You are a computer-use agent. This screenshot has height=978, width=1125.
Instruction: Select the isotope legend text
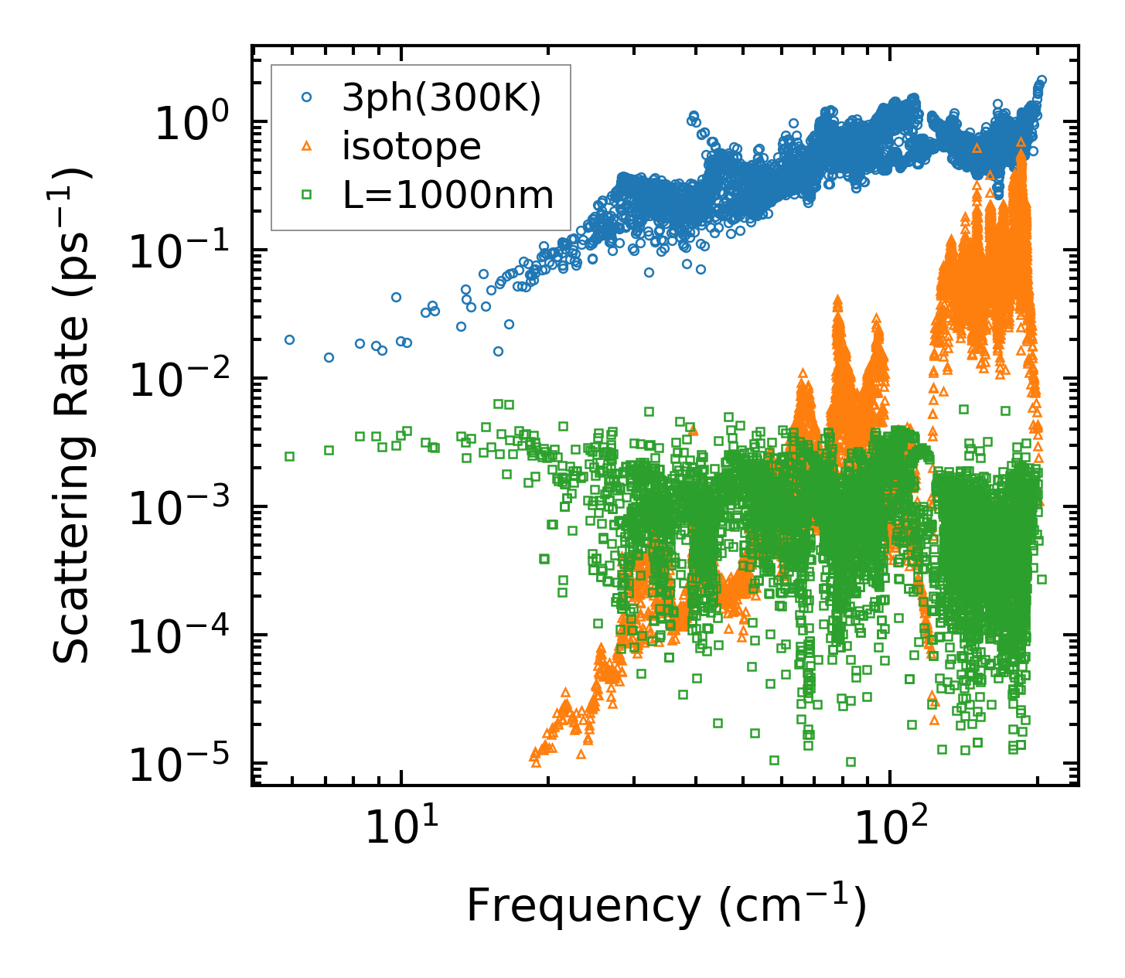pos(411,147)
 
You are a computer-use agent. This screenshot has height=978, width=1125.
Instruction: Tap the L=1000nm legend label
pos(448,196)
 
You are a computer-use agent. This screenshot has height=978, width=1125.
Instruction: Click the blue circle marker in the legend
pos(306,97)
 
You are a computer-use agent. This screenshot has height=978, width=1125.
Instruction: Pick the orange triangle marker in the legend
pos(306,145)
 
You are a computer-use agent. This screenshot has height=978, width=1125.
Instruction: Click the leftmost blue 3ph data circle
pos(289,339)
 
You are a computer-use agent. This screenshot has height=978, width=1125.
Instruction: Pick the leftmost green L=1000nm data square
pos(289,456)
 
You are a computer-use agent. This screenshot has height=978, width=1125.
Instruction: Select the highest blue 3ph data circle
pos(1041,80)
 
